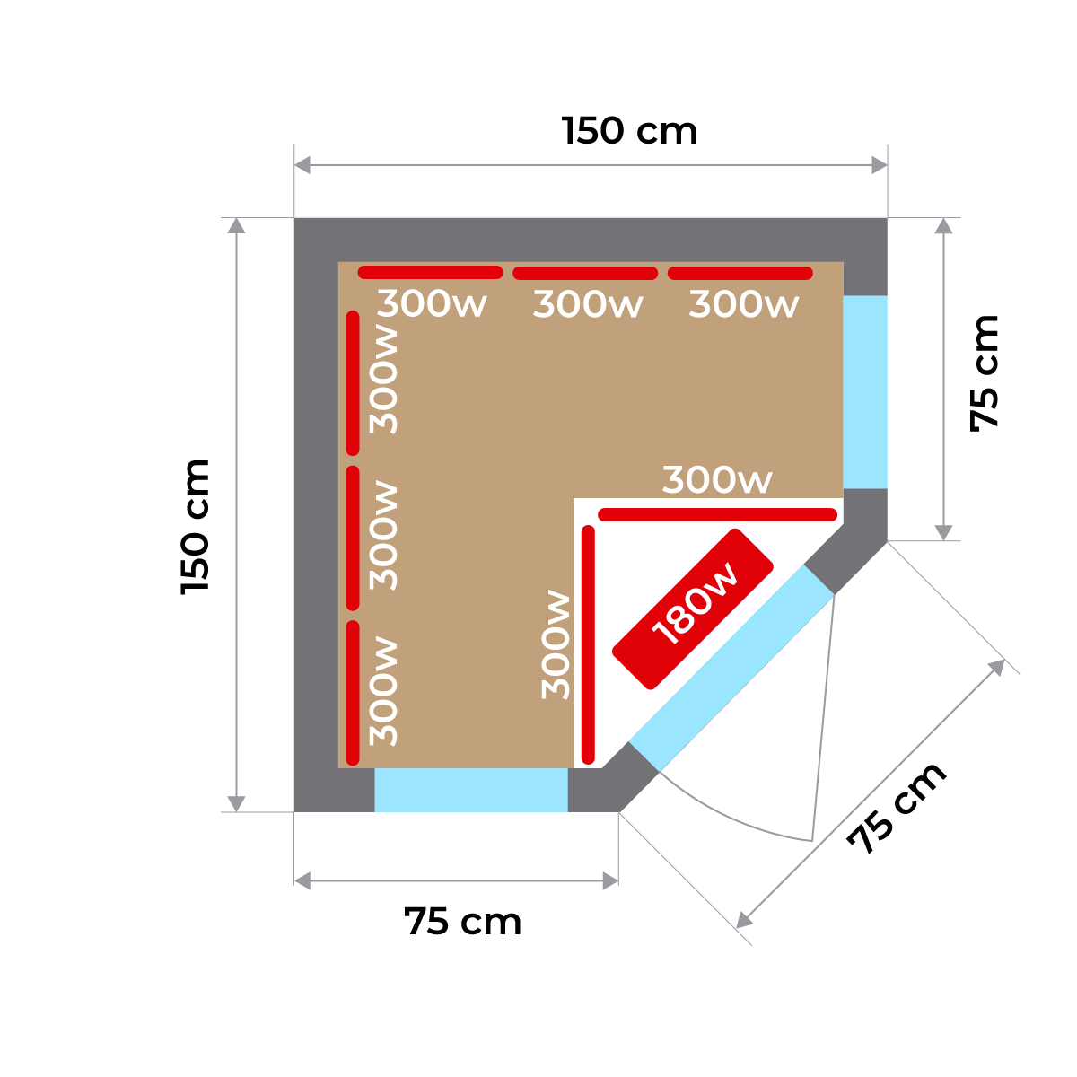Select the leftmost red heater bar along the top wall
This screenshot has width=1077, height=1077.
point(430,272)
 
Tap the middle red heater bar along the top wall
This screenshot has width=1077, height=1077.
point(585,273)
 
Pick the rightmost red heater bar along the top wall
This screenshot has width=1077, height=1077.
point(740,273)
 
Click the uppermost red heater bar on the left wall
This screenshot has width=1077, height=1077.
point(353,382)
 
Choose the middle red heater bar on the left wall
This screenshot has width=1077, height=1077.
point(353,537)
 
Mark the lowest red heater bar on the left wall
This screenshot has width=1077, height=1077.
point(353,691)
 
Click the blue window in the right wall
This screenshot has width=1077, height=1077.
point(865,392)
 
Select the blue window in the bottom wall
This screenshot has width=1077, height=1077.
point(471,790)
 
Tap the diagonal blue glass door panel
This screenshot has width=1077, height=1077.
point(732,668)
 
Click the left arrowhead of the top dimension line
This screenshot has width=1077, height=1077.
point(302,165)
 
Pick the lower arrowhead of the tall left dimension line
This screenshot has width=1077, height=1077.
point(236,803)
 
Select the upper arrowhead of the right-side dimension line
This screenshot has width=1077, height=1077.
point(943,225)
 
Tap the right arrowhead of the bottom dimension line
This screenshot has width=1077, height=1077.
point(610,880)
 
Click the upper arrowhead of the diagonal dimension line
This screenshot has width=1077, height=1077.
point(996,667)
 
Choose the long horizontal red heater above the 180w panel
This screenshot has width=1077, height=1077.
point(718,514)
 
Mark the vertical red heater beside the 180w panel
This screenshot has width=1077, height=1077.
point(589,643)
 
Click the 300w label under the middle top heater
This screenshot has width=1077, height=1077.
point(588,305)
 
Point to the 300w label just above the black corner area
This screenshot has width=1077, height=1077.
point(716,481)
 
